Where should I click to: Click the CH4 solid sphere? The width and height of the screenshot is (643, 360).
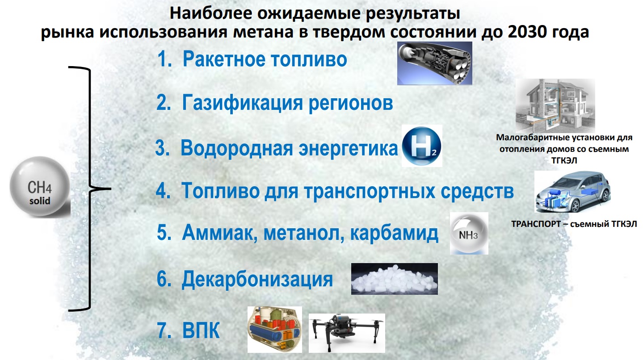(40, 186)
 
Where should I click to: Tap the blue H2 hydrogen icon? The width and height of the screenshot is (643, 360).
(421, 146)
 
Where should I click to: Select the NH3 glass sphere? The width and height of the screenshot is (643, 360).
(469, 233)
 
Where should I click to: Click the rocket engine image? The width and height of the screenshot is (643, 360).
(435, 63)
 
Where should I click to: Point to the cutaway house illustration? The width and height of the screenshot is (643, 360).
(555, 105)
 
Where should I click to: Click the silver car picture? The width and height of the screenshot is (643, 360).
(572, 192)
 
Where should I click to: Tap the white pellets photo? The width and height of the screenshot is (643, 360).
(395, 279)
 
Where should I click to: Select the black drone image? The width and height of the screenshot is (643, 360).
(347, 333)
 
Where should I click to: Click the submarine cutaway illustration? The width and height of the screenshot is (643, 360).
(275, 330)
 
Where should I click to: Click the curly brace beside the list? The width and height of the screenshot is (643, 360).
(89, 189)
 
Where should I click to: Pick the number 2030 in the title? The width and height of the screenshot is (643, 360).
(527, 32)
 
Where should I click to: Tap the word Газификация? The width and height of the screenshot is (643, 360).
(242, 103)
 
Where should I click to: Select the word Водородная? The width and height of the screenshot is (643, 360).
(236, 148)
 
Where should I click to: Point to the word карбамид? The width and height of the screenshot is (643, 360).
(394, 232)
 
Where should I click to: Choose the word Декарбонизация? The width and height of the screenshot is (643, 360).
(257, 279)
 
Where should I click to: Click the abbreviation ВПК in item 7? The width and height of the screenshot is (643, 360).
(201, 331)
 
